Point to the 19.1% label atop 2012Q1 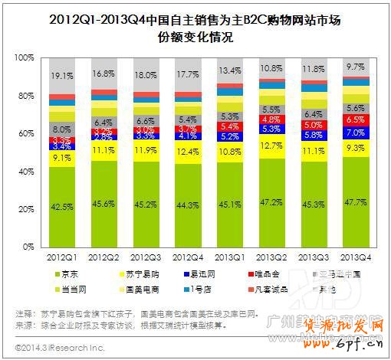click(62, 77)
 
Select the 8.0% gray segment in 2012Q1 click(62, 129)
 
